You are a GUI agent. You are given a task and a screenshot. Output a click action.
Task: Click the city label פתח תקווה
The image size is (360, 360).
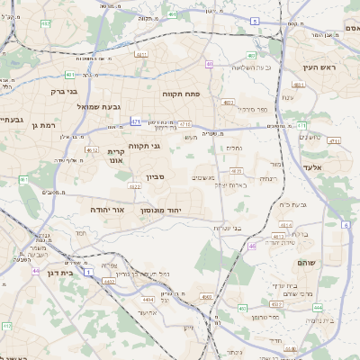click(x=181, y=94)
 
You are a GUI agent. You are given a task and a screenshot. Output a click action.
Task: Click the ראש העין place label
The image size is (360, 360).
click(x=319, y=67)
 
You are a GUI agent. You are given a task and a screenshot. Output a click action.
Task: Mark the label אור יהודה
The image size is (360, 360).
click(x=106, y=209)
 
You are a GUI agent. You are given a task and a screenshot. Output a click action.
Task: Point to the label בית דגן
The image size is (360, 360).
click(x=58, y=271)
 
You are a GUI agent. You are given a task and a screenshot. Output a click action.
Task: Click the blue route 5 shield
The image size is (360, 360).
click(x=255, y=20)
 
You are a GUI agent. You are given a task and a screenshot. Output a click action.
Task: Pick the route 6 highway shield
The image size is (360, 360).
click(x=345, y=225)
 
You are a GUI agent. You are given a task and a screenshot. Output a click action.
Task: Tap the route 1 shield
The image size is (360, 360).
click(x=88, y=270)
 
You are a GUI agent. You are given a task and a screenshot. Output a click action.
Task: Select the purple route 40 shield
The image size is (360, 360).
click(x=209, y=64)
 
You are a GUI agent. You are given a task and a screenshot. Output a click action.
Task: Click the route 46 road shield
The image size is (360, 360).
click(x=252, y=245)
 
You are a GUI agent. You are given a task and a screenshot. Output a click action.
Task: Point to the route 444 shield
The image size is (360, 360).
click(x=318, y=307)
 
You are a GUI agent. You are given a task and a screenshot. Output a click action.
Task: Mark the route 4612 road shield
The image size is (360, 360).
click(x=91, y=151)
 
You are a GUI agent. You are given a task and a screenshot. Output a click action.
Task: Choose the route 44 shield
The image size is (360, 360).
click(x=36, y=271)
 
